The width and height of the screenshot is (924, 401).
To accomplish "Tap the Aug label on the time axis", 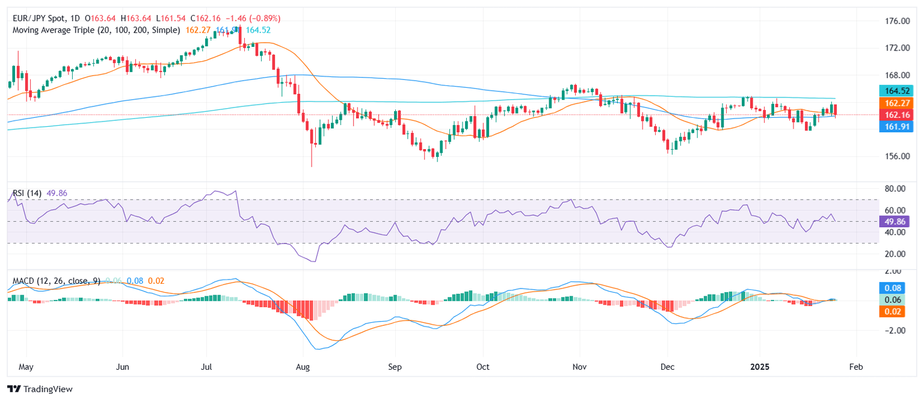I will [x=303, y=366].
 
